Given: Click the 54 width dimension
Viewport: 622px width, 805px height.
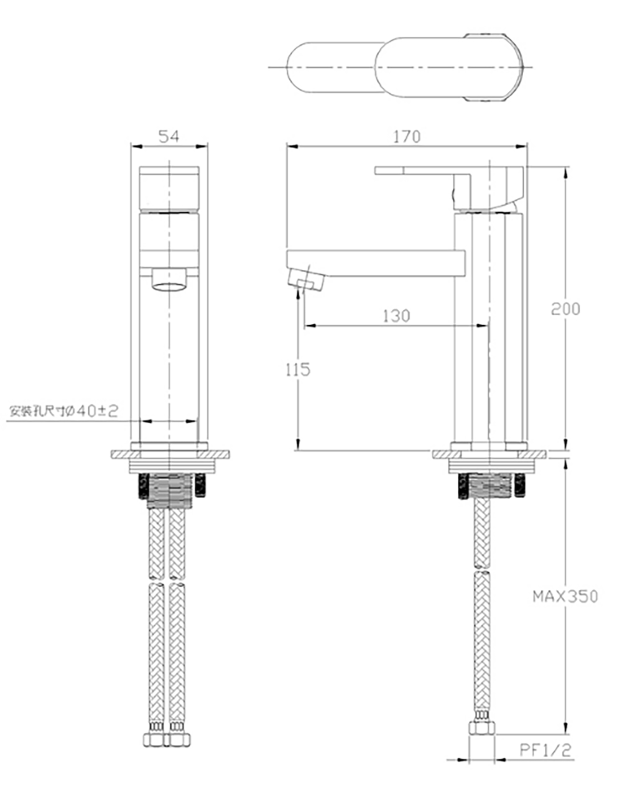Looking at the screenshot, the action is (x=169, y=137).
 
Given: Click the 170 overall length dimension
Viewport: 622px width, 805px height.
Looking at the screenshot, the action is (x=407, y=137).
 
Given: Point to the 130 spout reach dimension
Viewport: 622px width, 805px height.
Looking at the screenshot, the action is (x=396, y=316).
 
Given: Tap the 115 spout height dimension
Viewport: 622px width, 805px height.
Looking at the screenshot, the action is (x=298, y=369).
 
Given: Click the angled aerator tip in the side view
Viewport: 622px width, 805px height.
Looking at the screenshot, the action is (x=306, y=281).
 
